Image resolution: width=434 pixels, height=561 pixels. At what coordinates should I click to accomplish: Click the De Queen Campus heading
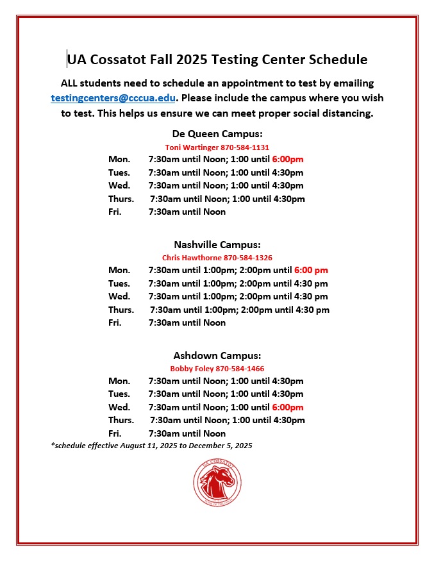click(x=217, y=134)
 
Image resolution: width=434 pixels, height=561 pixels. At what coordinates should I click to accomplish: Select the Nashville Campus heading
click(x=217, y=245)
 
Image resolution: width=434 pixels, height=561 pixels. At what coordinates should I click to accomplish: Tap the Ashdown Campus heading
click(x=217, y=356)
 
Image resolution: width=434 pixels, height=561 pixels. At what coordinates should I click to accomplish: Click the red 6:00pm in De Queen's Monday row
click(x=288, y=159)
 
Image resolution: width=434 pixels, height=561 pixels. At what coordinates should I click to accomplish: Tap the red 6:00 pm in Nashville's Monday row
click(x=311, y=270)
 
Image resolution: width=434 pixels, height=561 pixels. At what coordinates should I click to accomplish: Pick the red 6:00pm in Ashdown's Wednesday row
click(x=288, y=407)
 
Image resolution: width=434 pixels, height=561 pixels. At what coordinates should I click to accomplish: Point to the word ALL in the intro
click(x=71, y=83)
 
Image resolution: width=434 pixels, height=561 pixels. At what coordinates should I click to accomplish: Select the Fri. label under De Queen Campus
click(x=115, y=212)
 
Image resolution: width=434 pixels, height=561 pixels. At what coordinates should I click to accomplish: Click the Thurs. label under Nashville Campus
click(x=121, y=310)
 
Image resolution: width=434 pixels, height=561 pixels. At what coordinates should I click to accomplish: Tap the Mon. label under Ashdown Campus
click(x=119, y=381)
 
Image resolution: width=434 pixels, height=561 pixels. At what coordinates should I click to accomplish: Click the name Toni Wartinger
click(x=192, y=147)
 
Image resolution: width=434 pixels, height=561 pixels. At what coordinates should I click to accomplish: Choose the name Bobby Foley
click(x=192, y=369)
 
